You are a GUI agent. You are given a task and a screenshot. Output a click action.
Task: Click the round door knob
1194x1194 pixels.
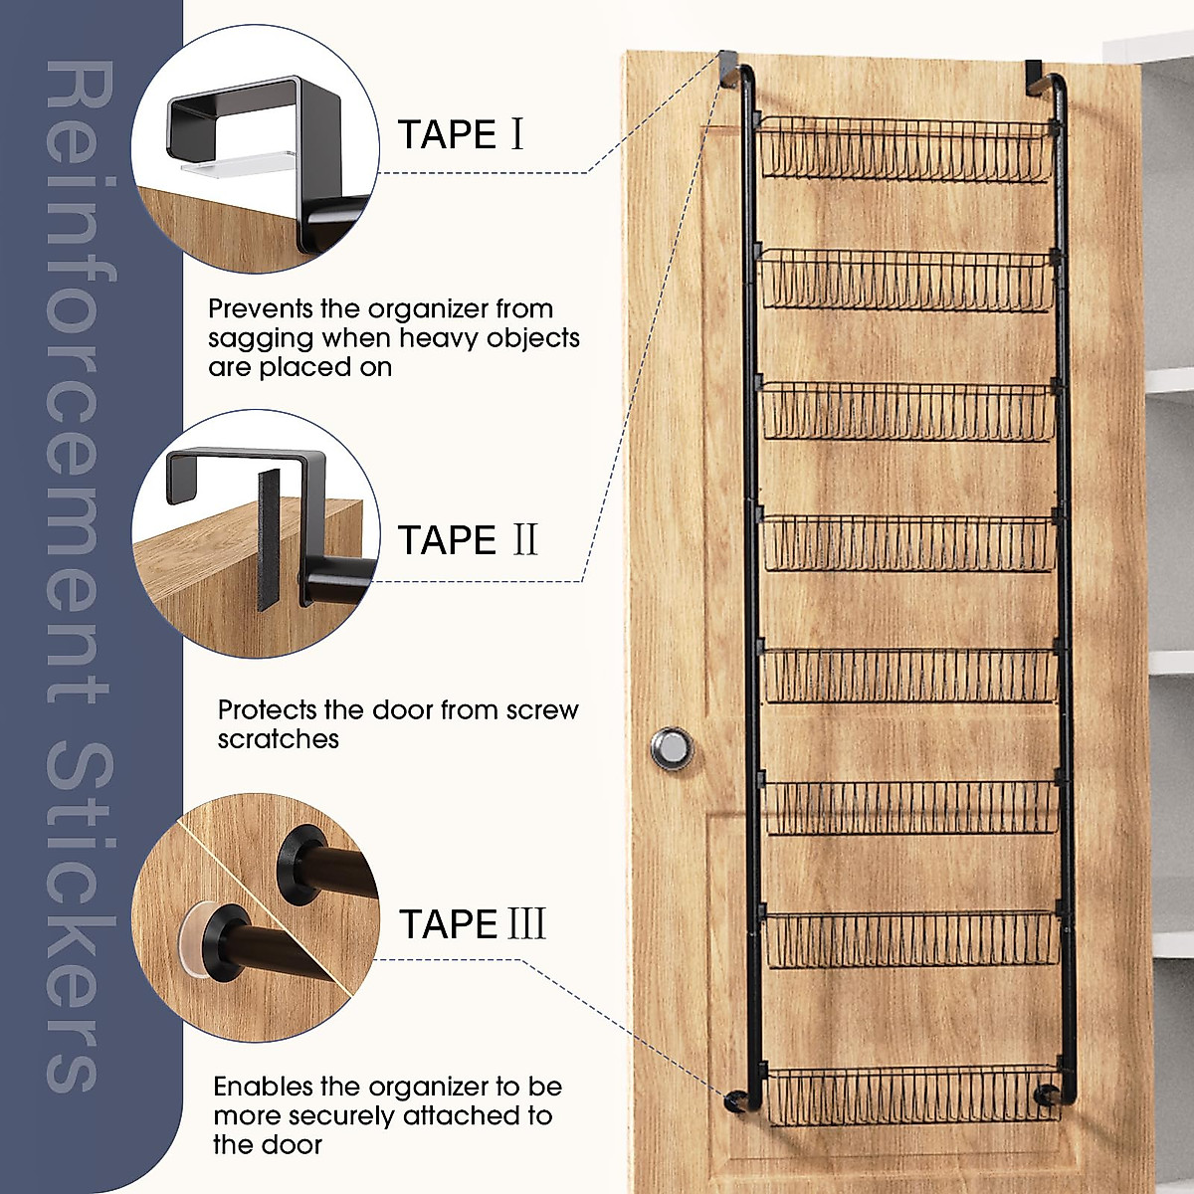point(673,748)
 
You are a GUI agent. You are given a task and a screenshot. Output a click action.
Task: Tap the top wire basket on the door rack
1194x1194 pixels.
point(905,149)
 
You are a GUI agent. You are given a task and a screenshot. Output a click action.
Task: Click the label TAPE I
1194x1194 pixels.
point(460,134)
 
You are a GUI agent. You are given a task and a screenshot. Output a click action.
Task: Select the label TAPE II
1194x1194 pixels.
point(468,540)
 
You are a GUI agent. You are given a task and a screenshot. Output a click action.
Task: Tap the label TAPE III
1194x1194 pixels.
point(473,924)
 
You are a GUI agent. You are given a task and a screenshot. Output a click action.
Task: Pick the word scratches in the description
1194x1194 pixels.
point(278,739)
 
